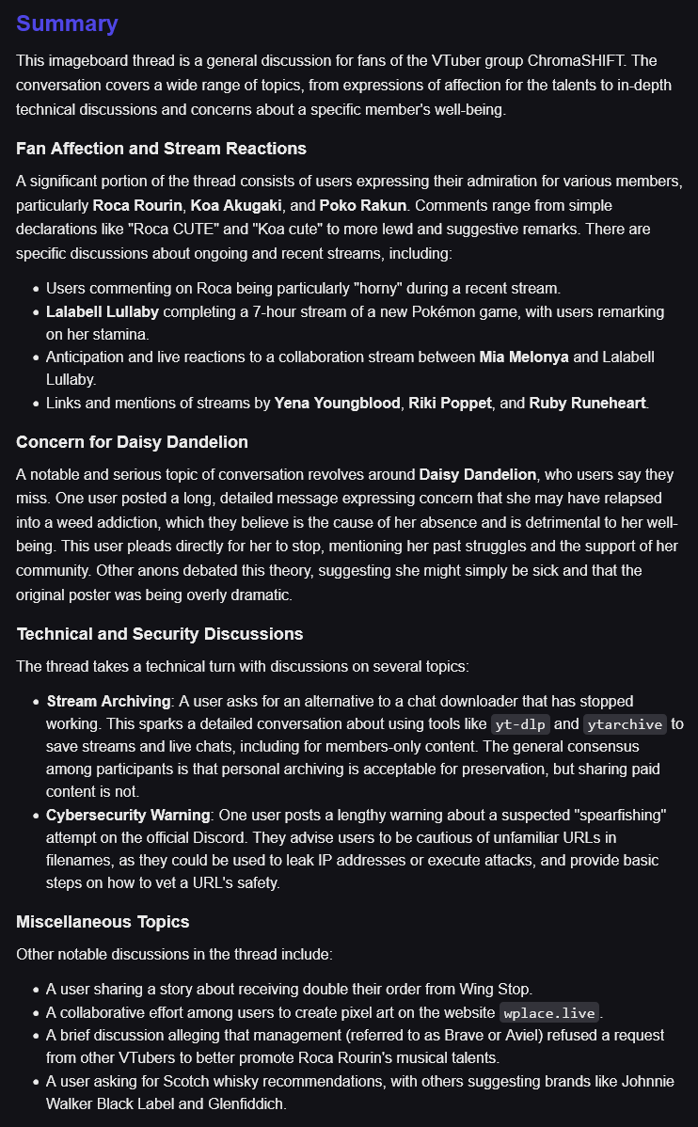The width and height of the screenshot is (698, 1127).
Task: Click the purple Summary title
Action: [x=67, y=24]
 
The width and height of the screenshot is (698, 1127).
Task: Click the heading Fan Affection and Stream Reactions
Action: [x=161, y=148]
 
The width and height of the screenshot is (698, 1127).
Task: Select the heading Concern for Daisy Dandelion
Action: [x=132, y=441]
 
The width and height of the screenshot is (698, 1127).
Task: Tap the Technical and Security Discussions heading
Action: [x=159, y=633]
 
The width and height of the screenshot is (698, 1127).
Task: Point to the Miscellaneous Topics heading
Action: [x=103, y=921]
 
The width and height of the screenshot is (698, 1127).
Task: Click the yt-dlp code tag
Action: [x=519, y=724]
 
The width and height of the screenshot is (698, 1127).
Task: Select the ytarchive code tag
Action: [x=625, y=724]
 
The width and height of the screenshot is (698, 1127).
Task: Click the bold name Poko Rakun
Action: [x=362, y=205]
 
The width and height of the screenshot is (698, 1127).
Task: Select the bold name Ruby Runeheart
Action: [x=588, y=403]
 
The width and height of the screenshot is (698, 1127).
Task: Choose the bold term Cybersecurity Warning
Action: [x=129, y=815]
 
